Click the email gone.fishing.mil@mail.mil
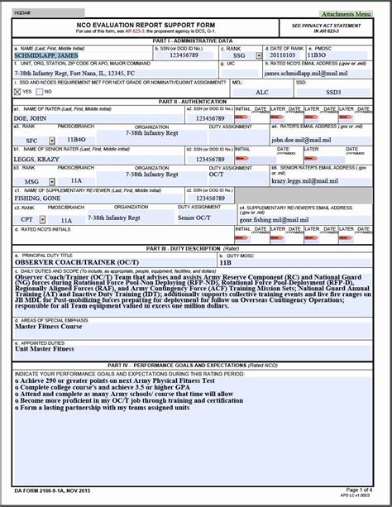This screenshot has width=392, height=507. click(x=278, y=221)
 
